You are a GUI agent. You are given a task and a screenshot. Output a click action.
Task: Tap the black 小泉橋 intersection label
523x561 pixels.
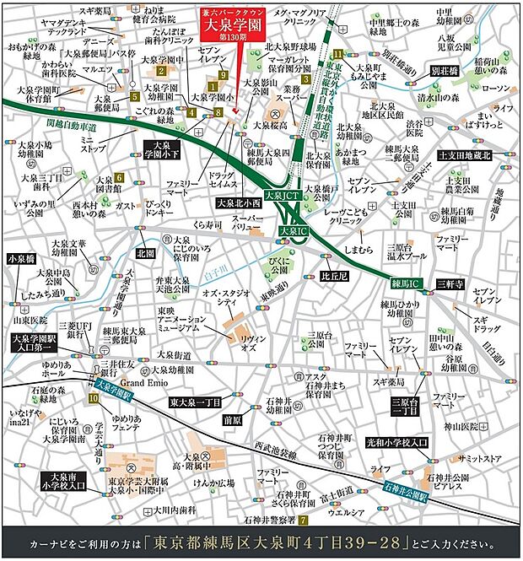(23, 259)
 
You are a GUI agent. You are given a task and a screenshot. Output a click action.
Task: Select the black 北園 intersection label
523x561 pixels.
(144, 252)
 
